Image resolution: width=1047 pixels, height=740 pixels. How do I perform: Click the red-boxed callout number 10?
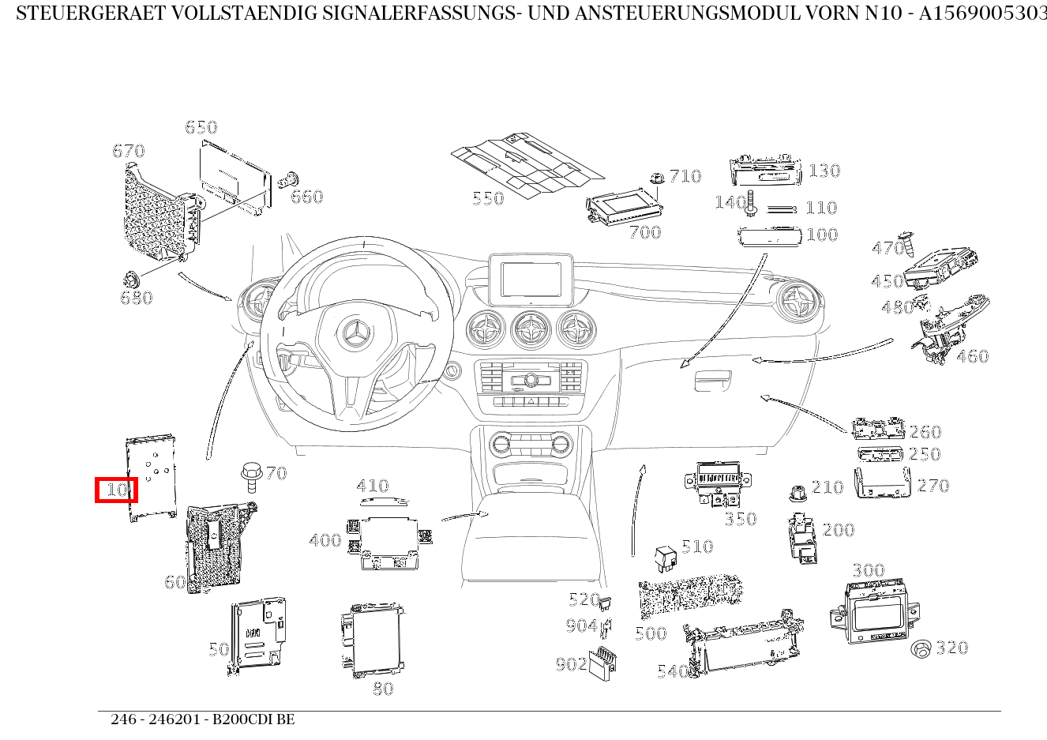117,490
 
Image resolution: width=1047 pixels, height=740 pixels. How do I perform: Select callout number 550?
488,198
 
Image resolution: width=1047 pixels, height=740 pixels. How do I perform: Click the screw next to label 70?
252,475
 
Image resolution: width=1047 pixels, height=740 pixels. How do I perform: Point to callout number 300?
868,570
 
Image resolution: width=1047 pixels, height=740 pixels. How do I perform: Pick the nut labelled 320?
921,649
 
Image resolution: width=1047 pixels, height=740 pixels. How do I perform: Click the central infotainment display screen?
530,279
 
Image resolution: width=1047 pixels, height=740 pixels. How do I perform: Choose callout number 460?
972,356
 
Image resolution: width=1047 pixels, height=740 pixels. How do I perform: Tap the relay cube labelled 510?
666,557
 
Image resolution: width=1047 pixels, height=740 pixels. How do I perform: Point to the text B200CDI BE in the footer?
253,719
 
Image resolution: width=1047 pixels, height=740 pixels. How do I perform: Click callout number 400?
325,541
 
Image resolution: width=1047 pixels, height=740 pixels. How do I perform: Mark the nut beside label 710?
657,179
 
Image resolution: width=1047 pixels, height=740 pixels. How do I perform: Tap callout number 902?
570,664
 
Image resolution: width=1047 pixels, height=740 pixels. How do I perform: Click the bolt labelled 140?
750,205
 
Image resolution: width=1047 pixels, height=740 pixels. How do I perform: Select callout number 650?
201,127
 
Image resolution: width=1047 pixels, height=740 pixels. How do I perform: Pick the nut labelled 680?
130,279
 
